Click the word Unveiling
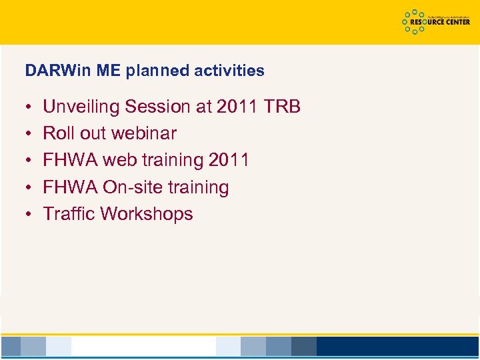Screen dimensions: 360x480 pyautogui.click(x=81, y=107)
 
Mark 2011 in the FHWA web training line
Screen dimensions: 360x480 pyautogui.click(x=229, y=161)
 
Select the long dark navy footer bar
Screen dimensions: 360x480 pyautogui.click(x=397, y=346)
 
